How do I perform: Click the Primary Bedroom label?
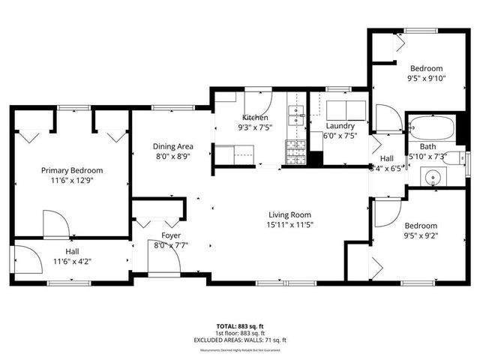72,170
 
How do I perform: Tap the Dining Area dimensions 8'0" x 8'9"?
174,157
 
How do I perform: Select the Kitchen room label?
255,118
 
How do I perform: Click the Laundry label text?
340,125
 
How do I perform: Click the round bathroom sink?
430,178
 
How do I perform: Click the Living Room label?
289,214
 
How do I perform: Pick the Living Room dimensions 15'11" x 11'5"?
289,224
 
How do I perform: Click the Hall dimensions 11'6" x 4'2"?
72,261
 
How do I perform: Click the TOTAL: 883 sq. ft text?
240,326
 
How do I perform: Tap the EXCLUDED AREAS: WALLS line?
240,340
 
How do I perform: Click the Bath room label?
428,146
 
